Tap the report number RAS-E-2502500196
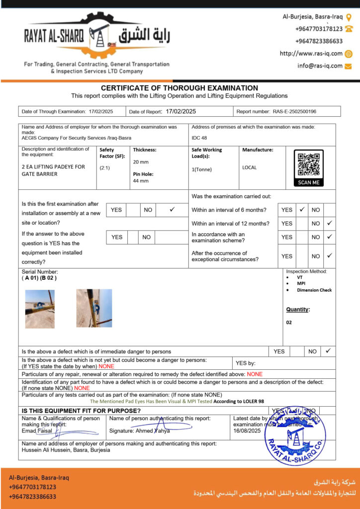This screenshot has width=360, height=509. coord(294,112)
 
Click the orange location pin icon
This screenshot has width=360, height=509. coord(349,16)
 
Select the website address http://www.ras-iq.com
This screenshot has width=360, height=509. coord(311,54)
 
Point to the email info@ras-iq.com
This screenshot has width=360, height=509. coord(320,66)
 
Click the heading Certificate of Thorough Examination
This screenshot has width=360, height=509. coord(180,88)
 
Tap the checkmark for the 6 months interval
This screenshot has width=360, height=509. coord(302,210)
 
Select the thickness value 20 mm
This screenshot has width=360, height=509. coord(141,162)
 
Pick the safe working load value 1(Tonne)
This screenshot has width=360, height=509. coord(202,169)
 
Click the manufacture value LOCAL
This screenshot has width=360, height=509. coord(250,168)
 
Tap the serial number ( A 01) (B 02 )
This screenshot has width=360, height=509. coord(39,278)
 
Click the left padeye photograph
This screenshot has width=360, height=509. coord(40,308)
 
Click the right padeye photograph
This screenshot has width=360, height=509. coord(94,308)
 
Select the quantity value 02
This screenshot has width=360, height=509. coord(289,322)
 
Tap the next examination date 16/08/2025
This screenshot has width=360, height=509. coord(247,431)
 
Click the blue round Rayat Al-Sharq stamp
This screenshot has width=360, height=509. coord(295,436)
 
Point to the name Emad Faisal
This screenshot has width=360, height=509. coord(37,431)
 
